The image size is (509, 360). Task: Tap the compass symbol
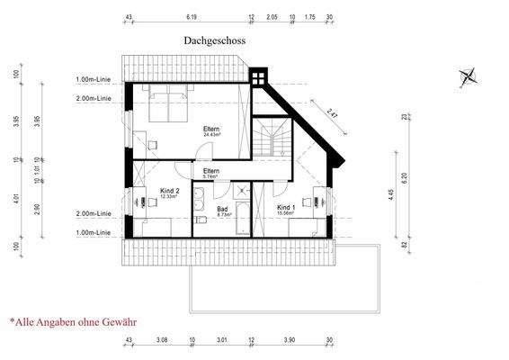[467, 77]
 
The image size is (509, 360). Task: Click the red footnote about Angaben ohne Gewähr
[73, 320]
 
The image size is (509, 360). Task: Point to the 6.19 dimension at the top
[192, 17]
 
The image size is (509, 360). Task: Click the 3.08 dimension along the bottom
[162, 341]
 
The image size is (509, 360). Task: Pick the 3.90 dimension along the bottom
[289, 341]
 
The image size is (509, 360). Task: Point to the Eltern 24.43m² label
[212, 131]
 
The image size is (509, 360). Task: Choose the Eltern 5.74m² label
[211, 173]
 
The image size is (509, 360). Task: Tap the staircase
[271, 139]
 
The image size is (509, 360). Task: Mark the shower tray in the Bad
[241, 191]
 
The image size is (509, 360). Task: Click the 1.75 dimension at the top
[310, 17]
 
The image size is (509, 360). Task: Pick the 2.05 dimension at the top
[272, 17]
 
